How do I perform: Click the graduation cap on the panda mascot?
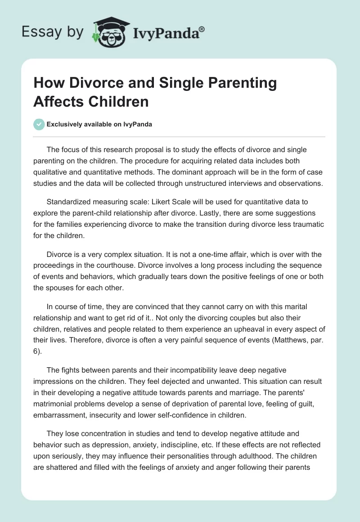109,22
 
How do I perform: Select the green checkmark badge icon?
39,124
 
